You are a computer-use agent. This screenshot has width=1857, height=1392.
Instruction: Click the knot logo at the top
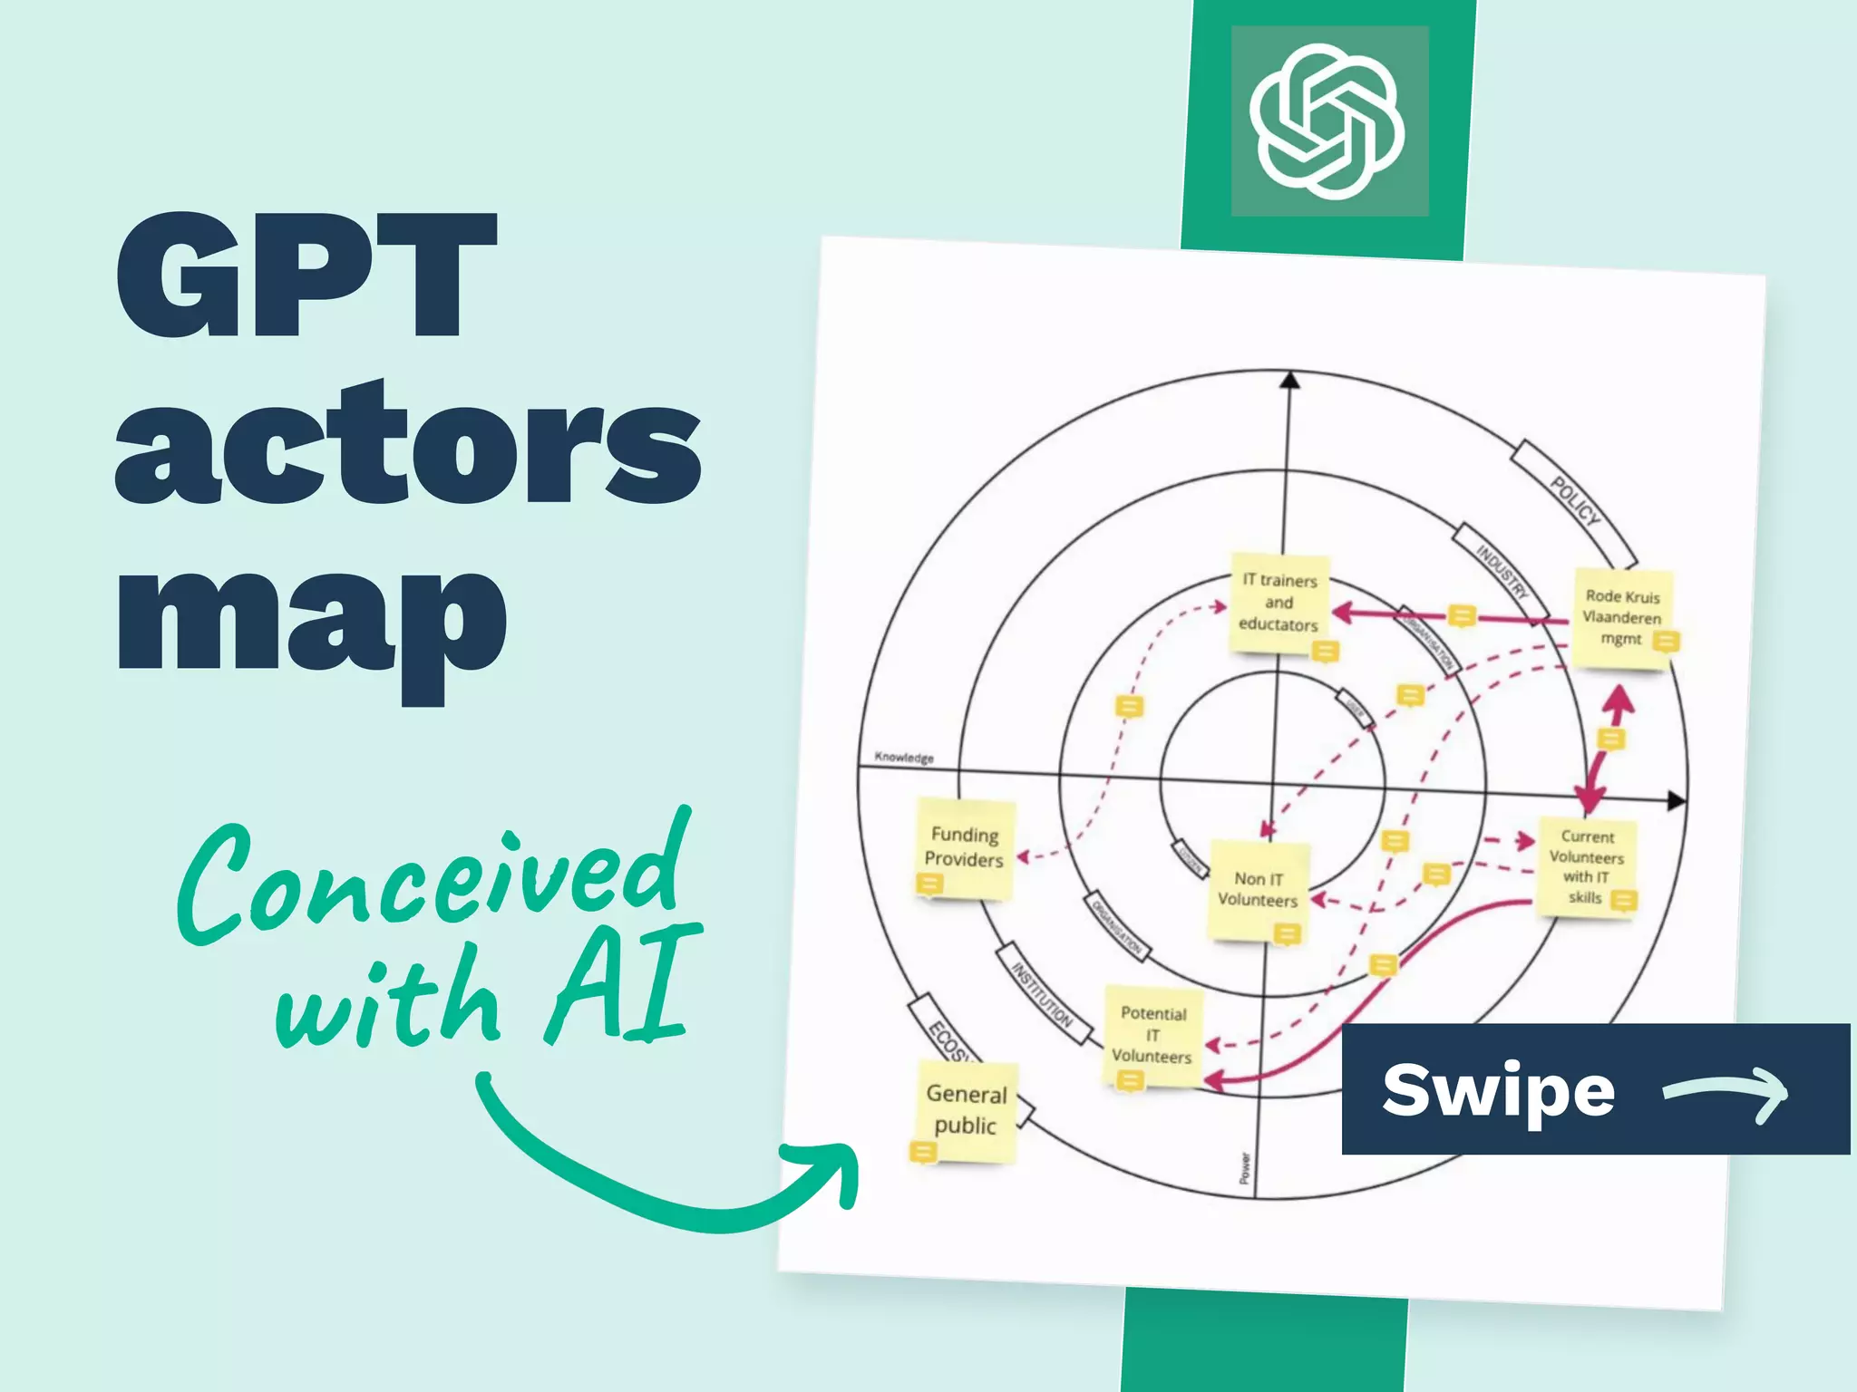tap(1328, 121)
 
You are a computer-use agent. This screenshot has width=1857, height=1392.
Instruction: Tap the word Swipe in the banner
tap(1498, 1090)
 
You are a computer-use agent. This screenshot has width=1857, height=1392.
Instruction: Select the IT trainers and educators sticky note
tap(1279, 603)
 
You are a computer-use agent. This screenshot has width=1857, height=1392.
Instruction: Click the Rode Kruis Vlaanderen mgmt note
tap(1622, 618)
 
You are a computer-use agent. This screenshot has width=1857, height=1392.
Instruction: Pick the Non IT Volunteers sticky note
tap(1259, 891)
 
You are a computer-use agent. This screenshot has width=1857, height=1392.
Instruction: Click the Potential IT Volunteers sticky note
tap(1152, 1035)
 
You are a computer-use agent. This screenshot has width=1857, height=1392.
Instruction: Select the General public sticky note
tap(966, 1110)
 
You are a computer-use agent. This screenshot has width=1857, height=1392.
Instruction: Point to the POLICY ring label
tap(1574, 500)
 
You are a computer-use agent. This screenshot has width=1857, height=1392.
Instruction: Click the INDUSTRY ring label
tap(1502, 571)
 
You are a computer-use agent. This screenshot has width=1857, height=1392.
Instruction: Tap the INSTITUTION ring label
tap(1043, 995)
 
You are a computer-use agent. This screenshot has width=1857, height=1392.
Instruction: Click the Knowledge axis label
tap(903, 757)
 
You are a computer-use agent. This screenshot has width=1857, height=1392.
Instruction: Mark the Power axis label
tap(1245, 1168)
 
